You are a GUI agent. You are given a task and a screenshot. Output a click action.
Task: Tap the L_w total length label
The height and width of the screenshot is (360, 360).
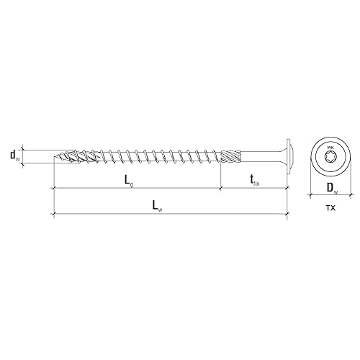point(157,205)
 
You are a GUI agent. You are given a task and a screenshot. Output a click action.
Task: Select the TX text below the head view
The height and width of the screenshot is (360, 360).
point(330,208)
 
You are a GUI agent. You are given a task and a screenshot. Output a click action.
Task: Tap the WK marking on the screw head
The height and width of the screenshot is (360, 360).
point(330,146)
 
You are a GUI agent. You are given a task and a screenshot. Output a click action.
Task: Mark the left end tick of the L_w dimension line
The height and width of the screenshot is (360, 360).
point(54,215)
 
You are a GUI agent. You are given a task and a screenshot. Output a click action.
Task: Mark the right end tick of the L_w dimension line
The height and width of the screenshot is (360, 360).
point(287,215)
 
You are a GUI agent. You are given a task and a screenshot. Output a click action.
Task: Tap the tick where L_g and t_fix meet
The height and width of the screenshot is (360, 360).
point(220,189)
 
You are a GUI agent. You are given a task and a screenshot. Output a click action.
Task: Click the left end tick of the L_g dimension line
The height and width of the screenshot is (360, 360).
point(54,189)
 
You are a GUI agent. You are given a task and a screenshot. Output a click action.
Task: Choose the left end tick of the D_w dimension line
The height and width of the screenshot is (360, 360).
point(310,196)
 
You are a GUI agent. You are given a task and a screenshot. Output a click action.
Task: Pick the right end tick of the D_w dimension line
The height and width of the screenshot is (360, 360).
point(352,196)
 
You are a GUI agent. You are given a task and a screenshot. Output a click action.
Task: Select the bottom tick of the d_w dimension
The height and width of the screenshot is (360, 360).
point(22,165)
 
